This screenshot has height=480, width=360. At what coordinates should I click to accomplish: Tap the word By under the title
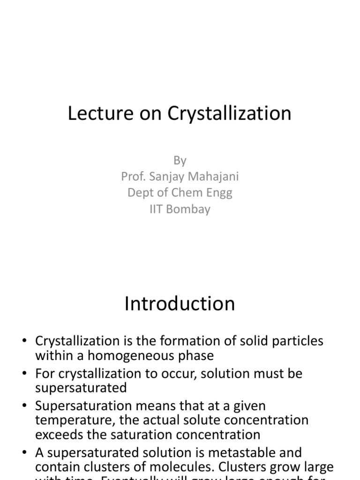click(x=180, y=160)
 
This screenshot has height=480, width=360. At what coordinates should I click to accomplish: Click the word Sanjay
click(x=167, y=177)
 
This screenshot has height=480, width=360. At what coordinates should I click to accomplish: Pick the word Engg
click(x=219, y=193)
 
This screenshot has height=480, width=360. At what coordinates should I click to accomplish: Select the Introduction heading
click(x=180, y=304)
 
